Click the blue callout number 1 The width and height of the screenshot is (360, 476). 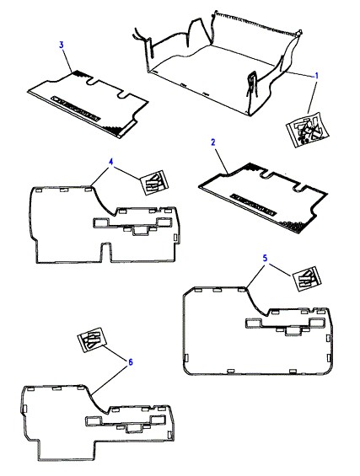(x=316, y=75)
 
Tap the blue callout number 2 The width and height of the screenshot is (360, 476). (x=213, y=142)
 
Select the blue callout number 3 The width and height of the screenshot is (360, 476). (x=62, y=45)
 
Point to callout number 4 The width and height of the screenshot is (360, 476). (x=111, y=162)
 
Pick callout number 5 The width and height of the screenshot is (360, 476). (x=266, y=259)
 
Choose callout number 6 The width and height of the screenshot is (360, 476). (x=131, y=362)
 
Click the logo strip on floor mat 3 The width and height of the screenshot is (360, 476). (x=76, y=109)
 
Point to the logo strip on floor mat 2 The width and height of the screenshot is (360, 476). (x=254, y=206)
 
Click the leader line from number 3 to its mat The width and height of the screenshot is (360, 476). (x=67, y=60)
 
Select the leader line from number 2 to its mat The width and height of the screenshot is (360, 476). (x=221, y=160)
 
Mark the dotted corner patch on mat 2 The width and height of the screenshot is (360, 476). (x=293, y=226)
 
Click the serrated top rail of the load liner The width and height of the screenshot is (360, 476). (x=258, y=23)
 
